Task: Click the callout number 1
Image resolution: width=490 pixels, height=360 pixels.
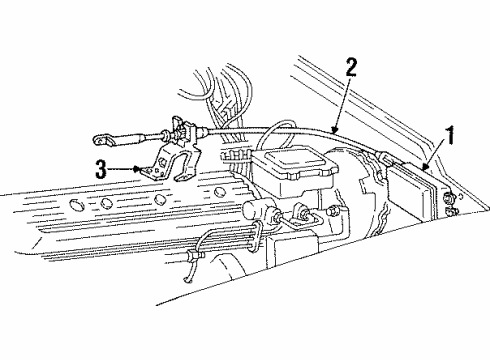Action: coord(450,132)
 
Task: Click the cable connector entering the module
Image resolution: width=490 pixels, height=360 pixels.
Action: coord(384,158)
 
